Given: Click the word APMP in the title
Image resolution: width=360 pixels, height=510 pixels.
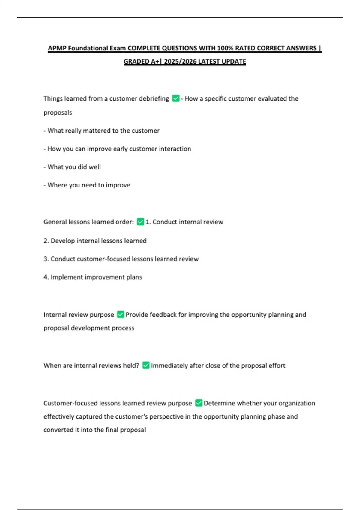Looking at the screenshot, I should click(57, 48).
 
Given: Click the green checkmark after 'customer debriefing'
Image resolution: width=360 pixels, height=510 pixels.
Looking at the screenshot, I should click(176, 98).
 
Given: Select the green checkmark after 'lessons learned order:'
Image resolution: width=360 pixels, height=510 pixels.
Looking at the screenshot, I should click(140, 222).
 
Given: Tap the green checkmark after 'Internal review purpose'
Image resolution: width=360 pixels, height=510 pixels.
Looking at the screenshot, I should click(121, 314).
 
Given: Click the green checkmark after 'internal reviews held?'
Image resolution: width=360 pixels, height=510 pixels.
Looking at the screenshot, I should click(146, 365).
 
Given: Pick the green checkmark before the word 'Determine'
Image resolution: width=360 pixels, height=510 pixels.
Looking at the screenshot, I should click(199, 403).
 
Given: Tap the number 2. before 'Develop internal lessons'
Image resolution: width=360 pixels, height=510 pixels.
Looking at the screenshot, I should click(46, 241).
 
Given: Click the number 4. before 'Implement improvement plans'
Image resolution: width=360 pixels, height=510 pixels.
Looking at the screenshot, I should click(46, 277).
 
